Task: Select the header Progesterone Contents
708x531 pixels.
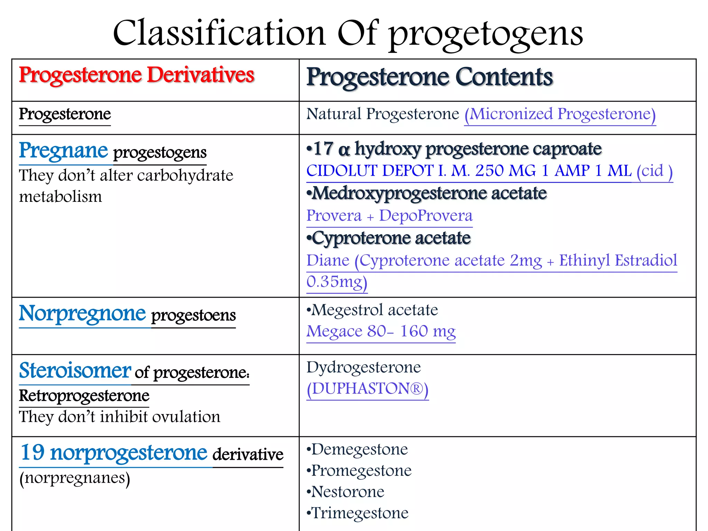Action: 430,77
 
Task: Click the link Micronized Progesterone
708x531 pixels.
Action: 560,114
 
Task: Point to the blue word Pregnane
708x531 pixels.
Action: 64,150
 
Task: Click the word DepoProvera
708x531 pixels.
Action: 426,216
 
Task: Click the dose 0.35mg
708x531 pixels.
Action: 336,282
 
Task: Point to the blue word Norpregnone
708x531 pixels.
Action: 82,313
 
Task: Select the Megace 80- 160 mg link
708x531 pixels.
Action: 381,332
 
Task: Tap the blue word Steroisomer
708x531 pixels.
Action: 75,371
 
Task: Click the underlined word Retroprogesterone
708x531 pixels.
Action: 84,395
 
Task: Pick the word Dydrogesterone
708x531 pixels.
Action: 364,367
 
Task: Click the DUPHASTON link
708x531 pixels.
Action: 367,389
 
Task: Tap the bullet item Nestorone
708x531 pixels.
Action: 347,492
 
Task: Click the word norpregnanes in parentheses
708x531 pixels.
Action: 75,478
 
